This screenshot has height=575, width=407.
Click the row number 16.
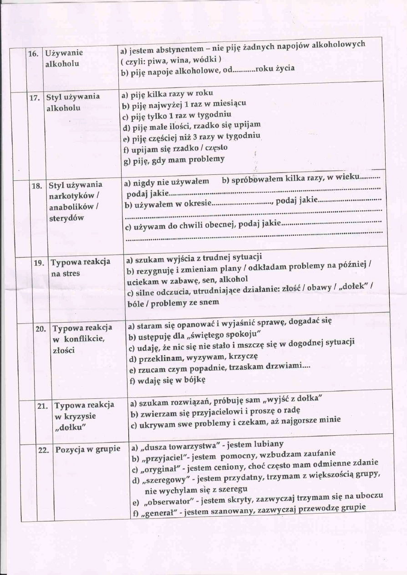[33, 53]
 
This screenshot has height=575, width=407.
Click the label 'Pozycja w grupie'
[88, 449]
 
